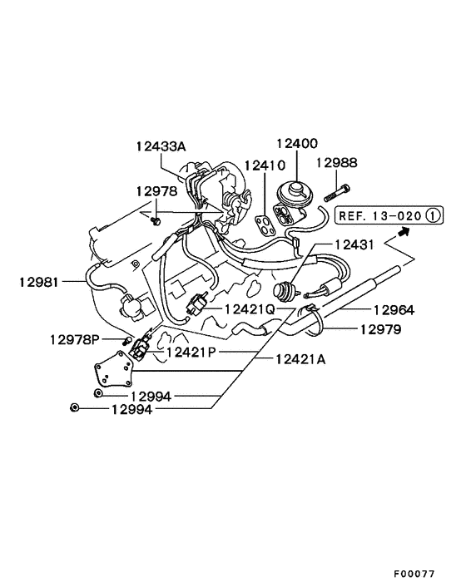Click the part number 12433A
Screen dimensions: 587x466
(161, 146)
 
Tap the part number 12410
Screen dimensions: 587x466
(265, 165)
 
